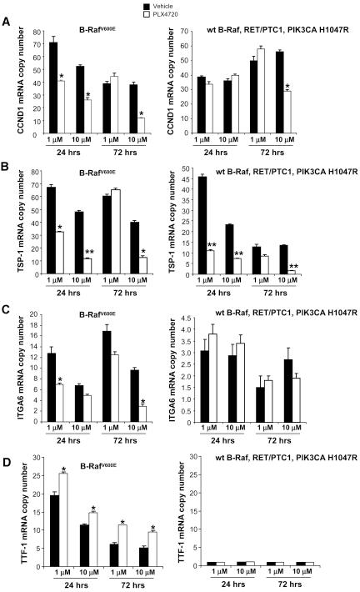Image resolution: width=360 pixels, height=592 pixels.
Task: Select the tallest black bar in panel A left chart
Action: (53, 88)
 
